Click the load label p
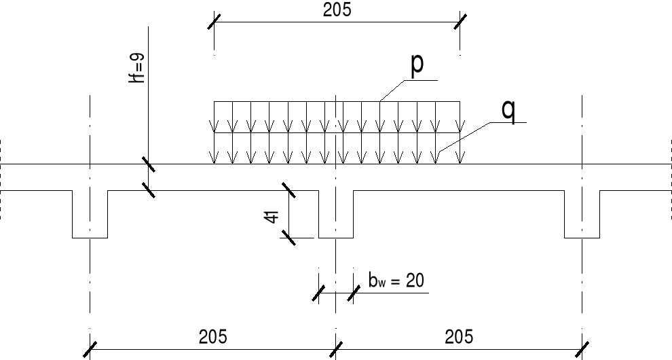point(417,65)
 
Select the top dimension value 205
point(337,10)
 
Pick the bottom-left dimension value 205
point(212,336)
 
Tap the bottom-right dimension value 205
point(459,336)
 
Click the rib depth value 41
point(272,217)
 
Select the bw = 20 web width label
point(396,281)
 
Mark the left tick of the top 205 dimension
point(214,21)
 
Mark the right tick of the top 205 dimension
point(460,21)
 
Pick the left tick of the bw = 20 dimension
point(318,293)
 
